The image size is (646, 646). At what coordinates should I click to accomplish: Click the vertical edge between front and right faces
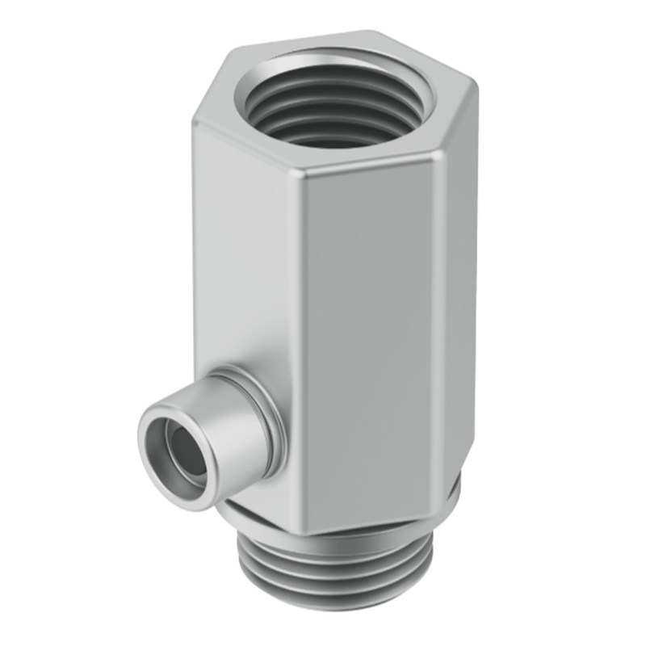pyautogui.click(x=440, y=323)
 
